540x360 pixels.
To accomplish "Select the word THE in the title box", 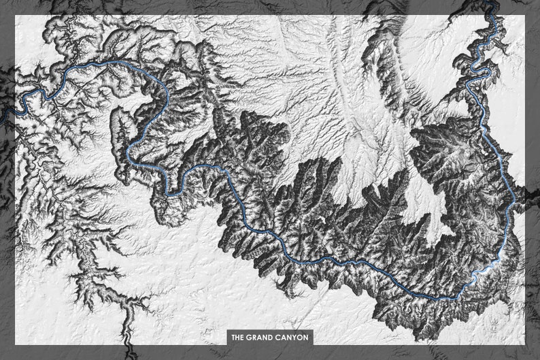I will click(x=238, y=337).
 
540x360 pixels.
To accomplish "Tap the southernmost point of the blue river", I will click(x=435, y=298).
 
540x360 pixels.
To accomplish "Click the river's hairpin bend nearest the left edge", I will click(x=27, y=102).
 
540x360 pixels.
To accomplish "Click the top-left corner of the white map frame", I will click(x=15, y=16).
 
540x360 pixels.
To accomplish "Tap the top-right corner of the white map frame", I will click(x=526, y=16).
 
